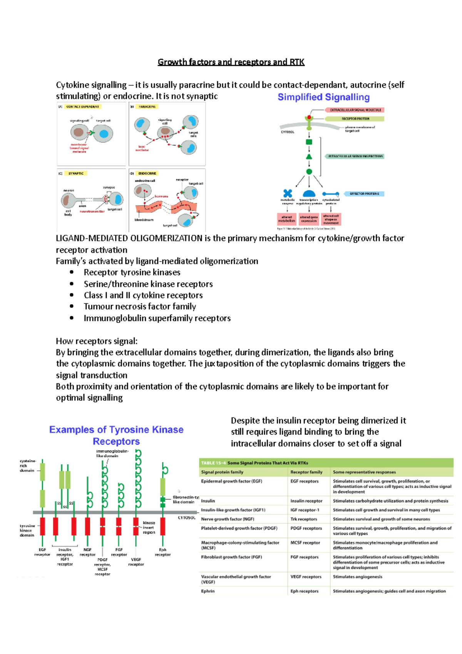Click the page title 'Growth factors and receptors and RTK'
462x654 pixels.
pyautogui.click(x=231, y=62)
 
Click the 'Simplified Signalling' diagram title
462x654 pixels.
pyautogui.click(x=323, y=97)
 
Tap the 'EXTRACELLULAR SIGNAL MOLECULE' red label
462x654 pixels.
pyautogui.click(x=355, y=110)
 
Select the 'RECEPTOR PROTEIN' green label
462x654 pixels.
pyautogui.click(x=355, y=119)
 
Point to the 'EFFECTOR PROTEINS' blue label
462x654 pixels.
pyautogui.click(x=364, y=194)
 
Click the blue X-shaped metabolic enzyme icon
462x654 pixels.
pyautogui.click(x=288, y=193)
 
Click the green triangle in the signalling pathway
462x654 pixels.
pyautogui.click(x=309, y=157)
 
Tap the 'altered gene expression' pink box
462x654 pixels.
pyautogui.click(x=309, y=219)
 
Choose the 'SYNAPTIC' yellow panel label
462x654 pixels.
pyautogui.click(x=76, y=173)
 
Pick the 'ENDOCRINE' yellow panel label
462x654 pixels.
pyautogui.click(x=147, y=173)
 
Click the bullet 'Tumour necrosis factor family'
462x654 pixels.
pyautogui.click(x=140, y=307)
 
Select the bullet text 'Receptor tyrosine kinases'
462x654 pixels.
pyautogui.click(x=132, y=272)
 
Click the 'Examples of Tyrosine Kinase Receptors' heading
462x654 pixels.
pyautogui.click(x=116, y=435)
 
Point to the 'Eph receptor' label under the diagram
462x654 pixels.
pyautogui.click(x=162, y=552)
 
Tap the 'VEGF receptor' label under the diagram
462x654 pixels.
pyautogui.click(x=136, y=562)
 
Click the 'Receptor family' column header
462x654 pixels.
pyautogui.click(x=306, y=472)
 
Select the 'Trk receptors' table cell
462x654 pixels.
pyautogui.click(x=304, y=519)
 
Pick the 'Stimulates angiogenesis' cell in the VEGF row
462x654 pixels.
pyautogui.click(x=357, y=577)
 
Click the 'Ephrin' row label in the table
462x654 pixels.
pyautogui.click(x=208, y=591)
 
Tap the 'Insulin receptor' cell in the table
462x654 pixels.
pyautogui.click(x=306, y=501)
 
